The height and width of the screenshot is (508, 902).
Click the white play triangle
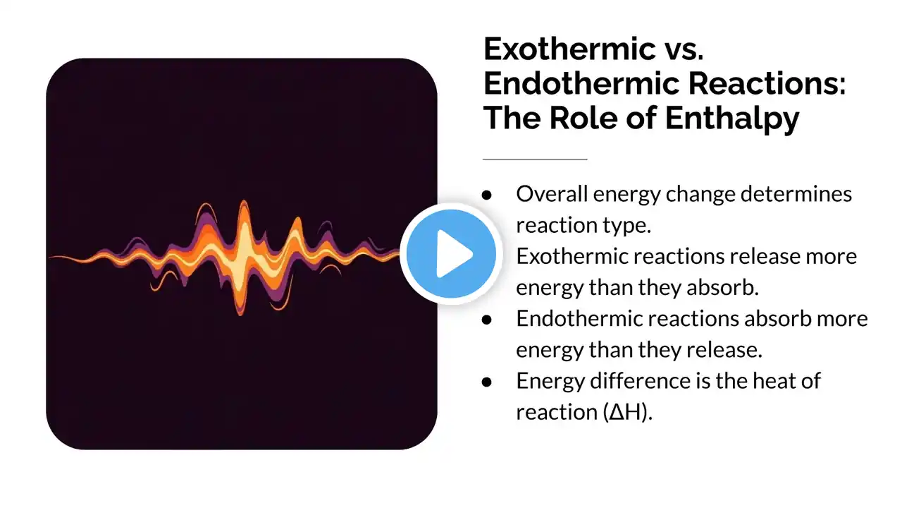(x=454, y=253)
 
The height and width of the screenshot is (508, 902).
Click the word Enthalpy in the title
(x=731, y=119)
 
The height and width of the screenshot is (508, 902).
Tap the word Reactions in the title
(x=767, y=83)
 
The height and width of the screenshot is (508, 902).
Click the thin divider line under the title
(x=535, y=159)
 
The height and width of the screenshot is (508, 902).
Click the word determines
(x=796, y=194)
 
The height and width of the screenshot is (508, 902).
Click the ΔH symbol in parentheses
(x=625, y=412)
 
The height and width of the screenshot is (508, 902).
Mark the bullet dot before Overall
(x=487, y=195)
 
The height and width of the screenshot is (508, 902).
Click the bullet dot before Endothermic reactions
(x=487, y=320)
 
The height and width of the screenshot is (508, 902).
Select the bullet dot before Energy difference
(x=487, y=382)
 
